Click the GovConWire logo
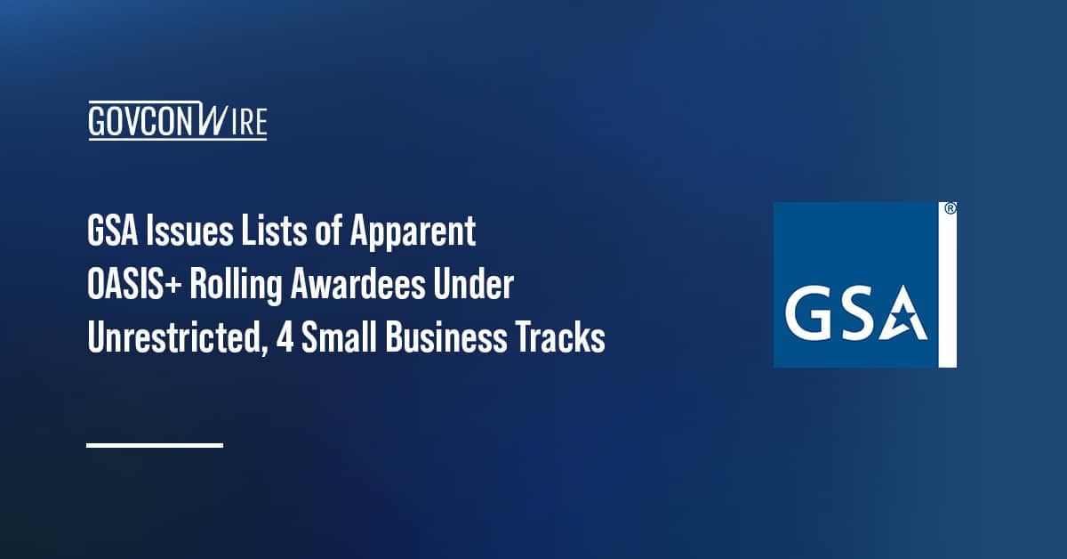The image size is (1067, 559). [x=178, y=122]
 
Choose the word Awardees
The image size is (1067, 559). [x=367, y=287]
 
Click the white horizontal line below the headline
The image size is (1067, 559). [x=155, y=444]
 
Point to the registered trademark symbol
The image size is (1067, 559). [x=950, y=209]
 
